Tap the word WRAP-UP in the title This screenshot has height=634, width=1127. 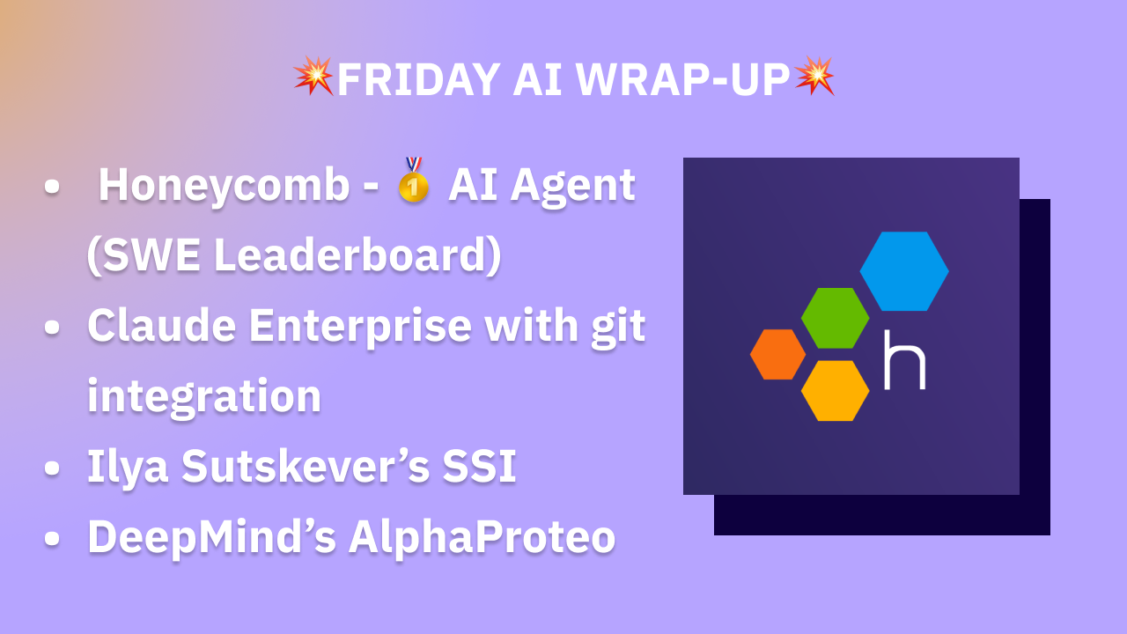[x=682, y=80]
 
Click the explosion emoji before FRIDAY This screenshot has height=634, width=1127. [x=313, y=77]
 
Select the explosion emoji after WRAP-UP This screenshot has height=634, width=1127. [x=814, y=77]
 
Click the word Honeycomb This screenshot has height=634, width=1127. [x=224, y=186]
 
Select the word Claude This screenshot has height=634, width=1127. [x=162, y=326]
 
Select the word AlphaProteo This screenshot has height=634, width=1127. [x=482, y=538]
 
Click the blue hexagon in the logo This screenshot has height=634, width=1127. [x=904, y=271]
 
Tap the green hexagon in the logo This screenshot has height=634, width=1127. [x=835, y=318]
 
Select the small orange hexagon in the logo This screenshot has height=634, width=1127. [x=777, y=354]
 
